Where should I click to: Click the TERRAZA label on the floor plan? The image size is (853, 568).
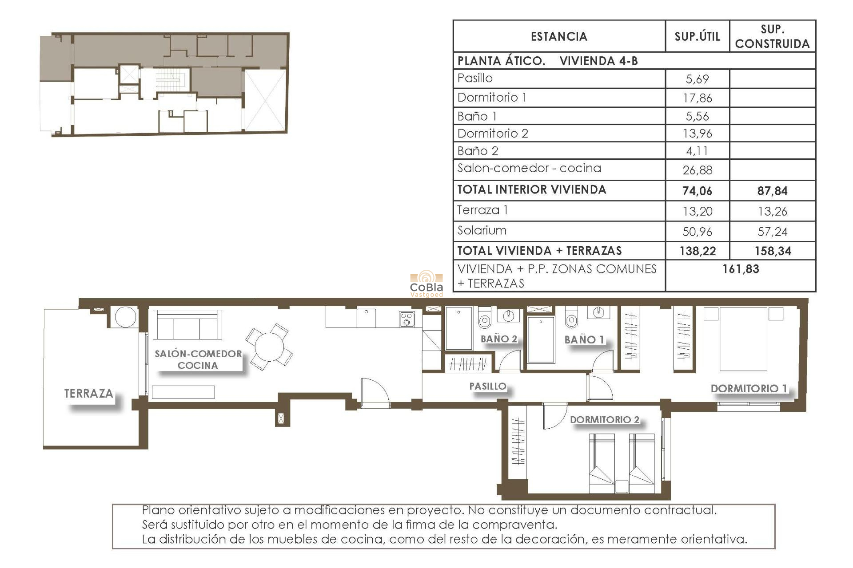tap(88, 394)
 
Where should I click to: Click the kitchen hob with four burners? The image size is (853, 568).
tap(407, 319)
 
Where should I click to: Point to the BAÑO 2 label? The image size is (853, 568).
tap(499, 339)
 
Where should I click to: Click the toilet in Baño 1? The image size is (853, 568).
tap(571, 319)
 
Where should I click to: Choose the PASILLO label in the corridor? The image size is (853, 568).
tap(488, 387)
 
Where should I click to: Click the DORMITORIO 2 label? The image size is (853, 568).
tap(604, 420)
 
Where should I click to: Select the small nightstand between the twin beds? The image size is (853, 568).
tap(622, 487)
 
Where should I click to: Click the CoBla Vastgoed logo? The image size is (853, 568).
tap(426, 284)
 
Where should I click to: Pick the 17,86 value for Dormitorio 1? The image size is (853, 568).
tap(697, 98)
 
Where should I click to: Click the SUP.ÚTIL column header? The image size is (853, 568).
tap(697, 36)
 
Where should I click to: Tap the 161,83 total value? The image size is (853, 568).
tap(741, 269)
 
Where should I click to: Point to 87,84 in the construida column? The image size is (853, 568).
tap(772, 191)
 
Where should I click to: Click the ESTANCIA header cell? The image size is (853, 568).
tap(559, 36)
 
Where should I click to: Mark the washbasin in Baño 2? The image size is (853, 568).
tap(509, 316)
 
